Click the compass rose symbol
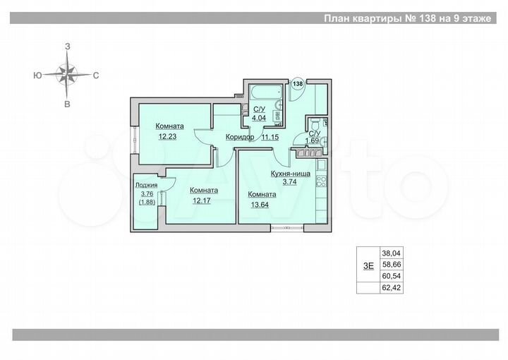pyautogui.click(x=67, y=73)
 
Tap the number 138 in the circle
pyautogui.click(x=298, y=83)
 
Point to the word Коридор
pyautogui.click(x=240, y=137)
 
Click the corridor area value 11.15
pyautogui.click(x=270, y=137)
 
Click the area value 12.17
pyautogui.click(x=202, y=200)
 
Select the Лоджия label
pyautogui.click(x=146, y=187)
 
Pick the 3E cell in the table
pyautogui.click(x=368, y=265)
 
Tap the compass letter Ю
pyautogui.click(x=37, y=73)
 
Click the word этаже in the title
pyautogui.click(x=473, y=19)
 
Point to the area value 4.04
pyautogui.click(x=259, y=119)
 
